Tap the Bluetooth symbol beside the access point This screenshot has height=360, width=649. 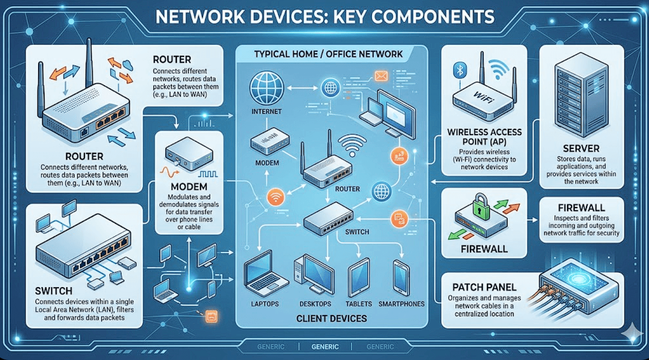point(460,71)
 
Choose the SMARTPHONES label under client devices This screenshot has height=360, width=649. point(401,304)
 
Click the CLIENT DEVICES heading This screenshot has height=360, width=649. point(332,318)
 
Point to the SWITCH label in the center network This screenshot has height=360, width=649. point(358,232)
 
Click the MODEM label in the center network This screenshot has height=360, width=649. point(267,163)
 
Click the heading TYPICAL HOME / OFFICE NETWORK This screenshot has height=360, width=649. point(328,54)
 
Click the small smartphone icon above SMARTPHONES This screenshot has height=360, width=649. point(401,277)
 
